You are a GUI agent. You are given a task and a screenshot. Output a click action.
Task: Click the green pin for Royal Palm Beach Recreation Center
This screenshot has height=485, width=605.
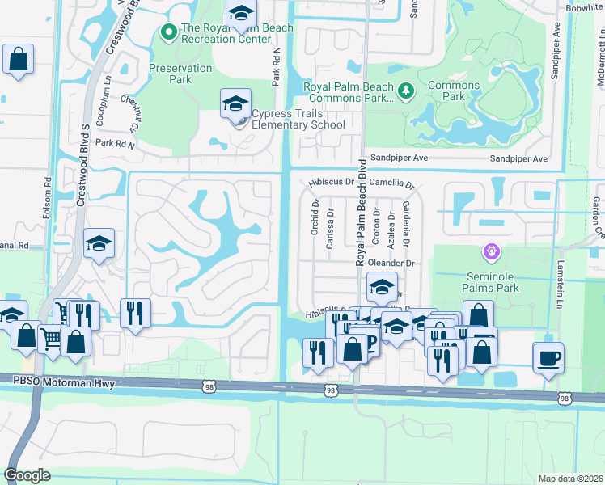(169, 32)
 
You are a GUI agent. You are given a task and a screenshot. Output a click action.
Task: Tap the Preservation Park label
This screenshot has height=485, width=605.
(180, 74)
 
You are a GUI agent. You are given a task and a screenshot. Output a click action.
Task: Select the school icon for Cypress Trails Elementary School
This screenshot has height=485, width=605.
(235, 105)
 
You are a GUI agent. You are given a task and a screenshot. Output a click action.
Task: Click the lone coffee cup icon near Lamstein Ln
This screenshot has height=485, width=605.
(548, 357)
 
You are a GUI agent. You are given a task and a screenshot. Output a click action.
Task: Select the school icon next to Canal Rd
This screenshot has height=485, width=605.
(99, 243)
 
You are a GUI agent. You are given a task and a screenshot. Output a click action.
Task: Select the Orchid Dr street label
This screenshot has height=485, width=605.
(315, 213)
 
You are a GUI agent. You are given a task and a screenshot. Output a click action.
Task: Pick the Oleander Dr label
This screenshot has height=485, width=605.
(391, 264)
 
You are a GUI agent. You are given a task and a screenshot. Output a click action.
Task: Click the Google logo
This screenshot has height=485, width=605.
(27, 474)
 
